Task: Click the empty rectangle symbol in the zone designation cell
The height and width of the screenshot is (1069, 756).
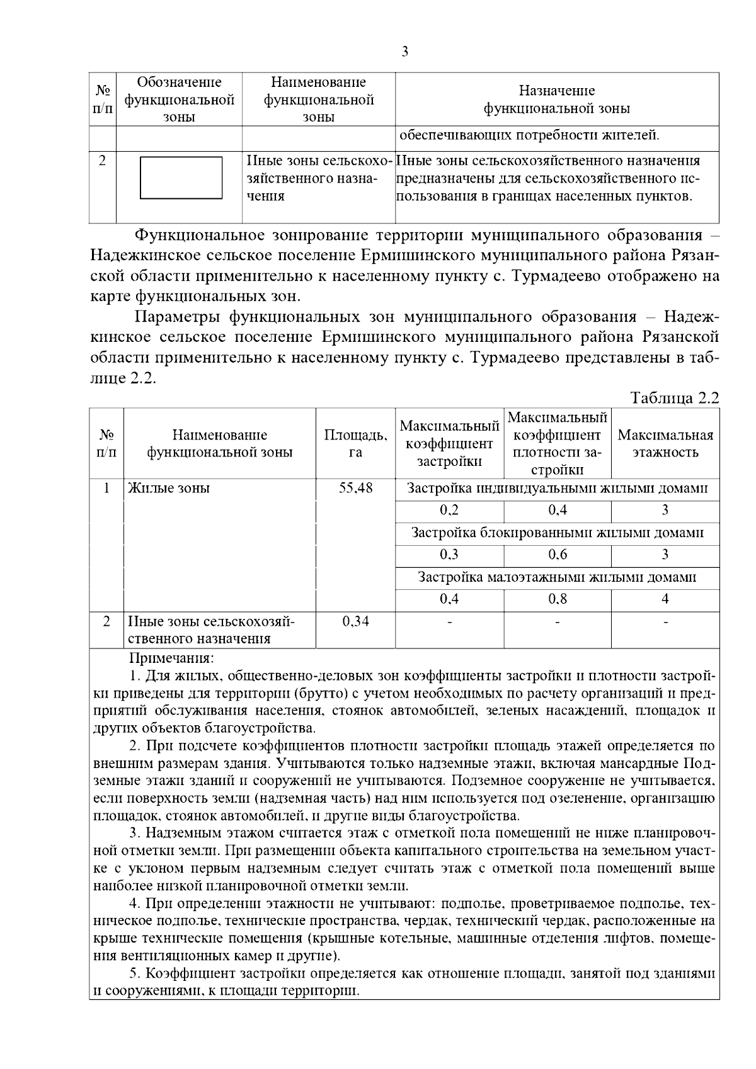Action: point(180,178)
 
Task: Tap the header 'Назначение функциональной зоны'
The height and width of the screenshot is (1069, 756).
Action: point(557,99)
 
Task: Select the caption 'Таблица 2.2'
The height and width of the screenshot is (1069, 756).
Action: point(675,398)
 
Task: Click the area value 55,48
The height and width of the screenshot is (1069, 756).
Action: point(355,489)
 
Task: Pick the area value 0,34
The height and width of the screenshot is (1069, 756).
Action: point(355,621)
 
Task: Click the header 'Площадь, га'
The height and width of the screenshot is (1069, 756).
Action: point(355,443)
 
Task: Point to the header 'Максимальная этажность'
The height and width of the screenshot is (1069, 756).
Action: point(665,443)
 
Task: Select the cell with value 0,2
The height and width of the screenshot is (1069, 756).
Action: point(449,510)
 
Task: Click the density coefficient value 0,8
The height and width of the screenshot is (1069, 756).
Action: point(558,599)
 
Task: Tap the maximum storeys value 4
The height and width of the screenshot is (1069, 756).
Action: point(665,599)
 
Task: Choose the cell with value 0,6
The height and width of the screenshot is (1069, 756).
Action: point(558,555)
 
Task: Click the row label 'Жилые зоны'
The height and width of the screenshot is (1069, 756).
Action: point(169,489)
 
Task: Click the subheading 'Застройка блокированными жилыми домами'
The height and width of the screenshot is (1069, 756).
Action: point(557,533)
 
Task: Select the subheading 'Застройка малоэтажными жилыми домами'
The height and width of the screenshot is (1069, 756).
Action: point(557,577)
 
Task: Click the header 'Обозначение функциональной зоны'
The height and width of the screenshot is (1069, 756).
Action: point(180,99)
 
